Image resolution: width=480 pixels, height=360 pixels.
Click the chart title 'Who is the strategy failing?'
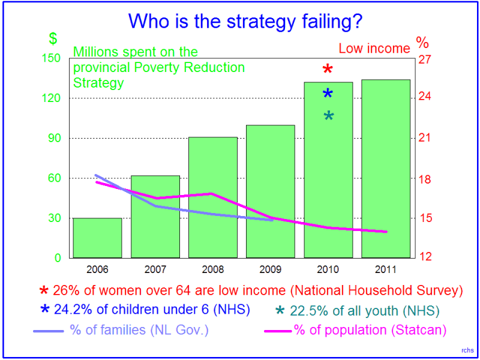point(245,22)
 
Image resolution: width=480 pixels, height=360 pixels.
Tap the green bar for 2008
point(213,197)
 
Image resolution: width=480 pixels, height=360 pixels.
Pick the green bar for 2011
point(386,169)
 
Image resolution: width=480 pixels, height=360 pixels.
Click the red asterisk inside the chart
point(328,70)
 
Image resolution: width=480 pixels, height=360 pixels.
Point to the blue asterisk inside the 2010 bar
point(328,93)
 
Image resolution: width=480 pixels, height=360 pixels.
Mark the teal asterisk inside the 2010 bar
point(329,116)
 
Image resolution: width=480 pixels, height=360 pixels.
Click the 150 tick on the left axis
point(53,58)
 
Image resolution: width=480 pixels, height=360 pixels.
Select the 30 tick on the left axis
point(53,218)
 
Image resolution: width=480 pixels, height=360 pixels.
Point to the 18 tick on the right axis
point(425,178)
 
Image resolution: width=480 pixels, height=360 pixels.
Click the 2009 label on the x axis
point(271,269)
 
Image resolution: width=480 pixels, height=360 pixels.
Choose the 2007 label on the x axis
point(155,269)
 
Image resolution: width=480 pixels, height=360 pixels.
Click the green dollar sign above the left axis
point(53,38)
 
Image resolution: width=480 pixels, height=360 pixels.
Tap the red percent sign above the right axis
point(422,43)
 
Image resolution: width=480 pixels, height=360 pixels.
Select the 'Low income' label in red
point(374,49)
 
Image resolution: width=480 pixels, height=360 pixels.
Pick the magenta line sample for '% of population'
point(278,330)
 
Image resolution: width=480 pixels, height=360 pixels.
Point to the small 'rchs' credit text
point(467,350)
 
